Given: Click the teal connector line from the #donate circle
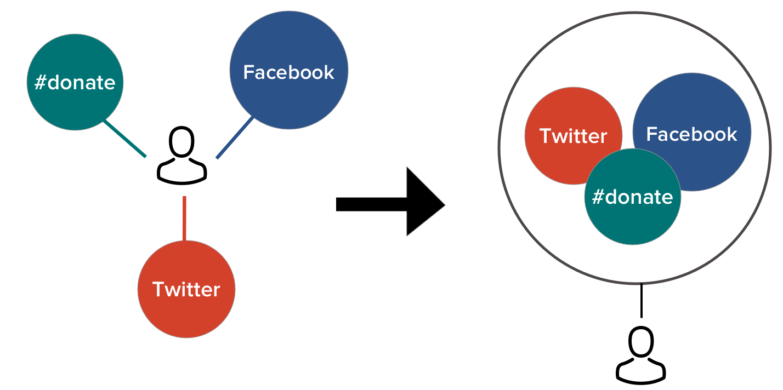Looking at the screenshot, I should point(125,139).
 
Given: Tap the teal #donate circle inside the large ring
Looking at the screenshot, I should point(633,222).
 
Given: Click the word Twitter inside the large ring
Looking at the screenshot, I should point(574,136).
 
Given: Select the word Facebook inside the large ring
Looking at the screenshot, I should point(691,134).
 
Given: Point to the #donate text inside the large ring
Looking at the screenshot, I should point(632,197).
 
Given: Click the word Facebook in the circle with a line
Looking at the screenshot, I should point(288,72).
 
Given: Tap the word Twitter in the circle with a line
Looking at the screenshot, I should point(186,289).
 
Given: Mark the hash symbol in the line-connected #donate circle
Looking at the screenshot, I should point(40,83).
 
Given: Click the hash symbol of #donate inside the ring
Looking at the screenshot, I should point(598,197).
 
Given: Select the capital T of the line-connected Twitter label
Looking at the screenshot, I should point(158,289).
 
